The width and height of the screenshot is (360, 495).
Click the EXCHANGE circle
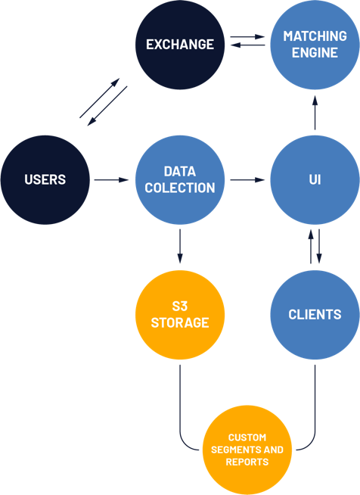pyautogui.click(x=180, y=45)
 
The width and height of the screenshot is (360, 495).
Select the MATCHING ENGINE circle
pyautogui.click(x=315, y=45)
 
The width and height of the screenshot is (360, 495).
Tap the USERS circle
pyautogui.click(x=45, y=180)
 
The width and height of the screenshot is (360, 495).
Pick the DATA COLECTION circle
pyautogui.click(x=180, y=180)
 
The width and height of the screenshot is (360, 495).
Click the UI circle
pyautogui.click(x=315, y=180)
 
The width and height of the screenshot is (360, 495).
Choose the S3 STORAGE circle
pyautogui.click(x=180, y=315)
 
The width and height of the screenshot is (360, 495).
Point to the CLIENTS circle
pyautogui.click(x=315, y=315)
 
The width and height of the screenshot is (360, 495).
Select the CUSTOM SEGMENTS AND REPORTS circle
pyautogui.click(x=247, y=450)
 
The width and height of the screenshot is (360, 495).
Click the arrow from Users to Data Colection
pyautogui.click(x=111, y=180)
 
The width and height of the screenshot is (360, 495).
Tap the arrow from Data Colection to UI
pyautogui.click(x=247, y=180)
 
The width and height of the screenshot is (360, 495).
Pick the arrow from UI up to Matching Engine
pyautogui.click(x=315, y=113)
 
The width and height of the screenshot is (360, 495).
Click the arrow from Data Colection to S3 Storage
pyautogui.click(x=180, y=246)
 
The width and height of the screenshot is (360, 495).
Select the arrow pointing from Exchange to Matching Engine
pyautogui.click(x=247, y=37)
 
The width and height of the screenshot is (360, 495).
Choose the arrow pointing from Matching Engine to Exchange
pyautogui.click(x=247, y=45)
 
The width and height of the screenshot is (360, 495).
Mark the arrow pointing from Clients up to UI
pyautogui.click(x=311, y=247)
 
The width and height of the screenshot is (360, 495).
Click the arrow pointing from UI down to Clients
pyautogui.click(x=319, y=247)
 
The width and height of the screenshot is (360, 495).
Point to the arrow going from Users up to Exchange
pyautogui.click(x=99, y=98)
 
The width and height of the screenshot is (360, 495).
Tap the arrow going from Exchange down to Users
pyautogui.click(x=107, y=106)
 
